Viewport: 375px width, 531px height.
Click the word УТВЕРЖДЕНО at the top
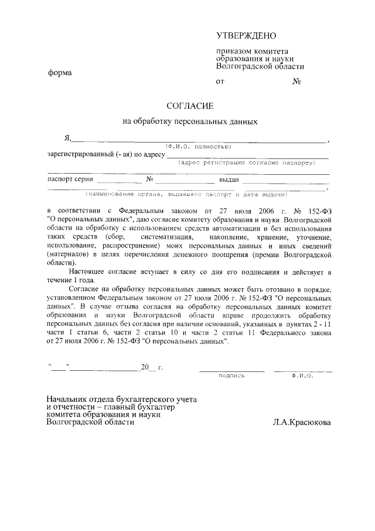coord(246,36)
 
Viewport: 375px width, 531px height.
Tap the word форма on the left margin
coord(60,74)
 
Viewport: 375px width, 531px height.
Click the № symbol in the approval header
coord(296,82)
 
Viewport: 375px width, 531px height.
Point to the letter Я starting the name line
coord(67,138)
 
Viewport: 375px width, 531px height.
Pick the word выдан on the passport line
coord(230,180)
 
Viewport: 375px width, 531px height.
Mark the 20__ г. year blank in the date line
coord(151,368)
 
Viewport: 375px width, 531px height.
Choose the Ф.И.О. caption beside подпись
coord(302,376)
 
